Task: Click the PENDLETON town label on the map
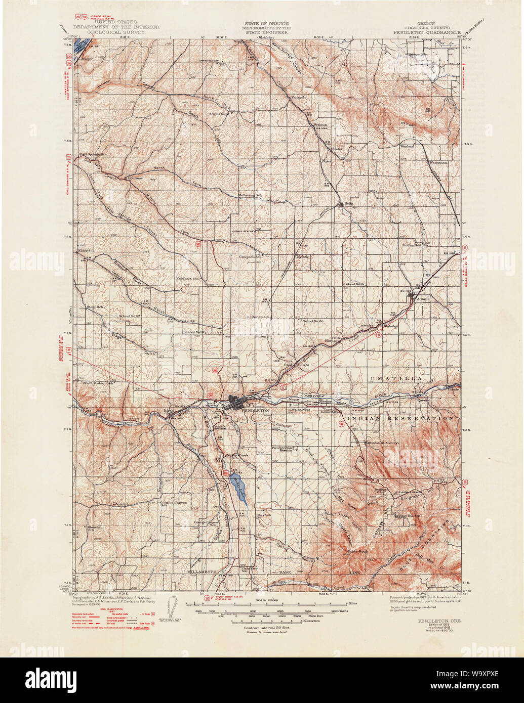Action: (x=256, y=411)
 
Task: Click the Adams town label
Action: (x=423, y=299)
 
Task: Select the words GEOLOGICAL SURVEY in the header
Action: (x=116, y=32)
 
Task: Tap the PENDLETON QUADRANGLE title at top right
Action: (x=427, y=32)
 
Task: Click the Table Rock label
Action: (x=357, y=551)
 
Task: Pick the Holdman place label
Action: (x=136, y=178)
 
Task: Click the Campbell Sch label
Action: (x=251, y=257)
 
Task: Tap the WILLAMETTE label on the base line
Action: (x=202, y=572)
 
